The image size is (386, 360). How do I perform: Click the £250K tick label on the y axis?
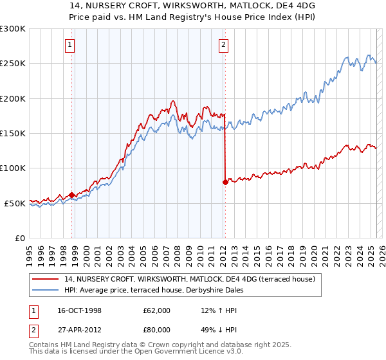pos(13,64)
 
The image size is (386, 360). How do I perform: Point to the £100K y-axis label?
pos(13,168)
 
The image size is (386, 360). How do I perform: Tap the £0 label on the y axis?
pos(19,238)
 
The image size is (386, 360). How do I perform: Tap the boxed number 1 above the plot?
pos(69,45)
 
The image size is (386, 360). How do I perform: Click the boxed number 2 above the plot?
pos(223,45)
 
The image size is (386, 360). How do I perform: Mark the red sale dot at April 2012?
pos(225,182)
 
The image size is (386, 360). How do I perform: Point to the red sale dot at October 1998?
pos(71,195)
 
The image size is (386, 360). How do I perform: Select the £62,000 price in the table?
pos(157,310)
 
